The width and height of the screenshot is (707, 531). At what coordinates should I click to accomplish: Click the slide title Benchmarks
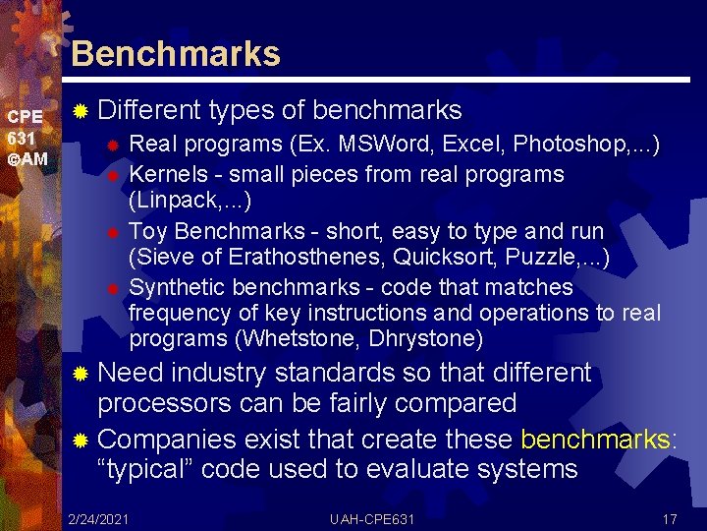(x=176, y=53)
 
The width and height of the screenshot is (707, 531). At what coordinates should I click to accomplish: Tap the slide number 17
(x=671, y=518)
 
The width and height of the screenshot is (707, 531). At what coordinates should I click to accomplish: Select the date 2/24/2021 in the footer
(x=99, y=518)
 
